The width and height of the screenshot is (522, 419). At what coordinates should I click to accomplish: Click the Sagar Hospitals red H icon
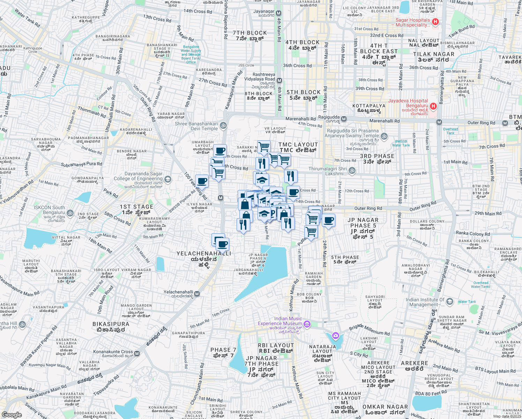435,22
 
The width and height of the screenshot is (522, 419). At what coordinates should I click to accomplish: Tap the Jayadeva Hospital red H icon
433,106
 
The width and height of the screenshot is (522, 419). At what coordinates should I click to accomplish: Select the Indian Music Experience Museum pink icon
307,324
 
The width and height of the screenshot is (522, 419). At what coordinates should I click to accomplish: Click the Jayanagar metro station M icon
278,13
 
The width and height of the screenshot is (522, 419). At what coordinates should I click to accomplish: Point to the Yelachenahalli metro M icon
197,294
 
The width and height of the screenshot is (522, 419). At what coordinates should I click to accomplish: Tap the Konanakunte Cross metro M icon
137,354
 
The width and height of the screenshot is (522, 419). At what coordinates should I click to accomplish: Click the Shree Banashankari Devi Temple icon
223,125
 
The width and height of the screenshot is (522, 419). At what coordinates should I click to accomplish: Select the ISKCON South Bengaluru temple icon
70,213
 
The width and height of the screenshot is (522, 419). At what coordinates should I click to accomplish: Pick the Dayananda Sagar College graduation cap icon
168,179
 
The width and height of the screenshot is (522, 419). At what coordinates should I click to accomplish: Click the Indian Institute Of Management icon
450,302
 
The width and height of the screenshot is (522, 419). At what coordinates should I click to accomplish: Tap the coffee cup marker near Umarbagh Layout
220,151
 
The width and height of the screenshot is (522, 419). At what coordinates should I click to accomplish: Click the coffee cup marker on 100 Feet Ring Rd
202,181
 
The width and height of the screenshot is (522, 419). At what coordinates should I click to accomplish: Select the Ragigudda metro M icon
344,119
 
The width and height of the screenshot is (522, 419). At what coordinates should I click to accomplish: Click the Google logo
12,414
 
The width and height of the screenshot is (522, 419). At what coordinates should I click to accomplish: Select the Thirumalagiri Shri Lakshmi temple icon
352,170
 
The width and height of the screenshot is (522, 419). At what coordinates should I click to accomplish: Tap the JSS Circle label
246,65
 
